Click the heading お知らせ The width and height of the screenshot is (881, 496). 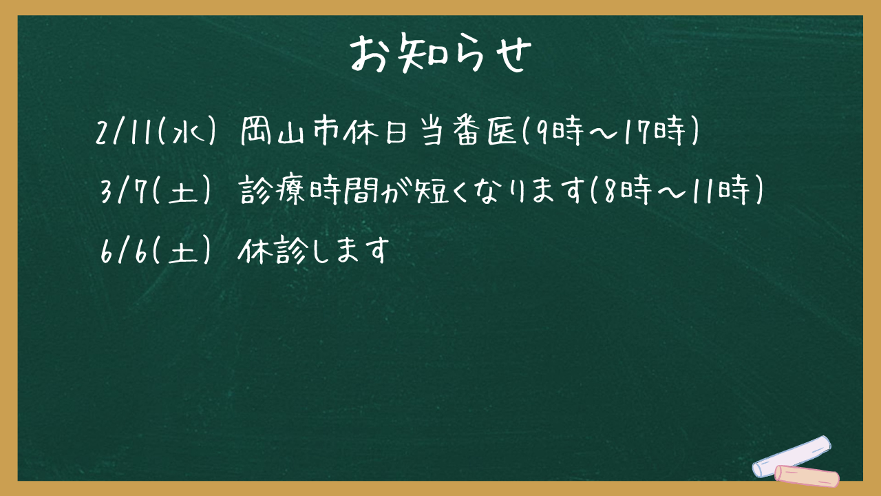tap(440, 54)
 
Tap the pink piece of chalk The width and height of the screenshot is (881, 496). tap(807, 476)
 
